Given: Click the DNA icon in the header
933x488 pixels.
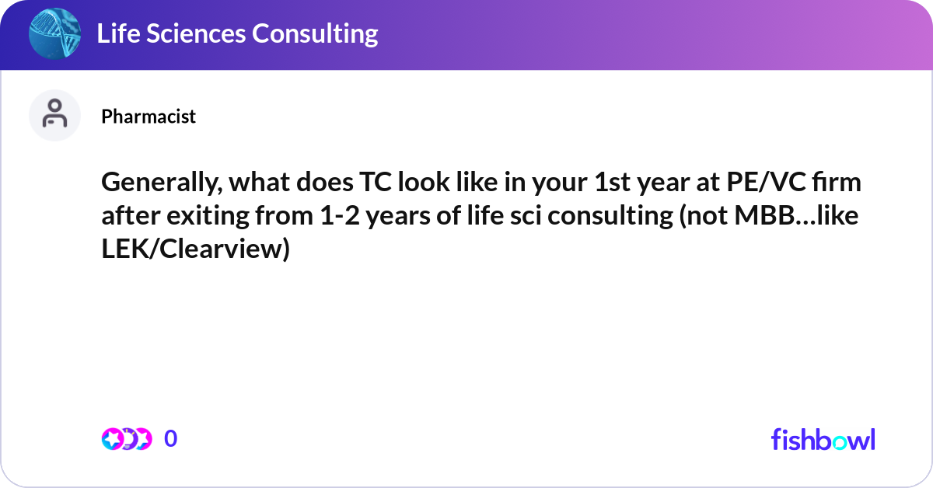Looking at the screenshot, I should [x=54, y=34].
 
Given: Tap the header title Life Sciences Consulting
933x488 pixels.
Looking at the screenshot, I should [x=237, y=33].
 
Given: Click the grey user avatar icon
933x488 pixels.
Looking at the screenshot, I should [x=54, y=115].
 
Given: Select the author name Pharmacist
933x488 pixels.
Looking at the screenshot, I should [x=149, y=117].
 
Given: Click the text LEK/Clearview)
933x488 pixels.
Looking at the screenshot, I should [x=194, y=249].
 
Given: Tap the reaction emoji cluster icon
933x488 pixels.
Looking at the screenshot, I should [x=126, y=439].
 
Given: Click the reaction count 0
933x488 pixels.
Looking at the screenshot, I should [x=171, y=439].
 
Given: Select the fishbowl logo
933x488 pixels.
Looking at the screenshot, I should [x=823, y=439].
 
